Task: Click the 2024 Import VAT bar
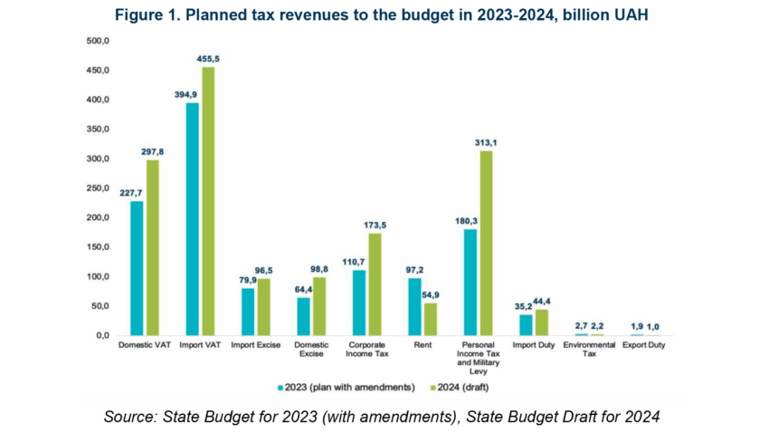click(208, 201)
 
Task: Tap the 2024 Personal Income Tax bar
click(486, 243)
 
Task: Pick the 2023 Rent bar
click(415, 306)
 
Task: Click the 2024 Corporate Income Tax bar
click(375, 284)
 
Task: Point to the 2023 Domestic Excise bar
click(303, 316)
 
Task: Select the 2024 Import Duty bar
click(542, 322)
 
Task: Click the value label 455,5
click(208, 59)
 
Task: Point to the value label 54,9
click(432, 294)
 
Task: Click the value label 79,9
click(246, 280)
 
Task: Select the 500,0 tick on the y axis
click(97, 42)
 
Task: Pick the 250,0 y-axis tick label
click(97, 188)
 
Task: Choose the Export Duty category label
click(646, 345)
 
